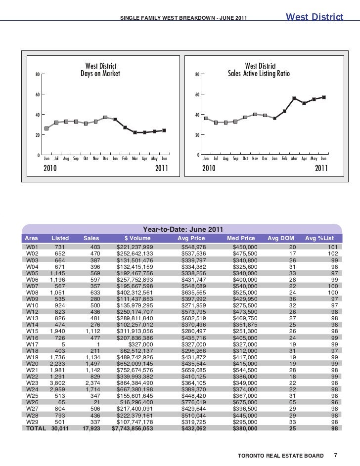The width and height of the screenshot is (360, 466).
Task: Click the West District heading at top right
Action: click(315, 17)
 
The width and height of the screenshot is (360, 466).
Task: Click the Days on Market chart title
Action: click(101, 70)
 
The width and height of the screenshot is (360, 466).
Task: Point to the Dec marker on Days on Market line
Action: click(105, 118)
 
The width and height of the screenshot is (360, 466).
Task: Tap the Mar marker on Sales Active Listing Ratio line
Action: click(294, 98)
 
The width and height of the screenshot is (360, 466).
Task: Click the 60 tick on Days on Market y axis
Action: click(38, 94)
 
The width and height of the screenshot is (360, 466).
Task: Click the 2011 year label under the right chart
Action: click(321, 169)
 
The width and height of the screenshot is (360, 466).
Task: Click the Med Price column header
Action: click(241, 238)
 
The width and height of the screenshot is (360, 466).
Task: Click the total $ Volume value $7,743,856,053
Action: click(133, 429)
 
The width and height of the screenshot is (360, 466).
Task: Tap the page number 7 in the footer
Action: click(335, 455)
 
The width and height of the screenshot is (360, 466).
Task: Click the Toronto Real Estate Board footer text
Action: click(280, 455)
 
